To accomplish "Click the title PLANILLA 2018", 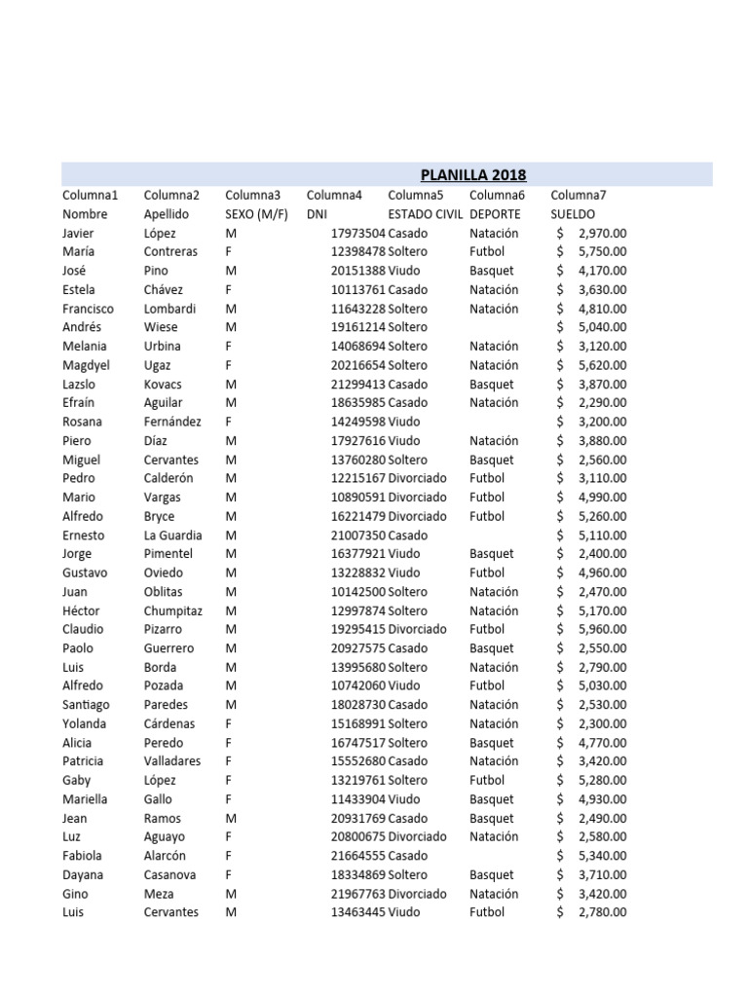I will [473, 175].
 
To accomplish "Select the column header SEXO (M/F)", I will [256, 214].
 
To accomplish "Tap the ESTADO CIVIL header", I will [424, 214].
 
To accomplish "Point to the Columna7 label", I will [579, 195].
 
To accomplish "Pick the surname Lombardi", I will [169, 309].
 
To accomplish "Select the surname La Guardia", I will [173, 535].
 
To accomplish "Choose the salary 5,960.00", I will [602, 630].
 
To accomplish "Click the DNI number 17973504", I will [358, 234].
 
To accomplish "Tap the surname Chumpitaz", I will [173, 610].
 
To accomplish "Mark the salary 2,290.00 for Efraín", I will [602, 403].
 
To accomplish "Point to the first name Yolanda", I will [85, 723].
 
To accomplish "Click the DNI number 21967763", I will [358, 894].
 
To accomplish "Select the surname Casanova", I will [170, 875].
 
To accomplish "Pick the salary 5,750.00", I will [602, 252].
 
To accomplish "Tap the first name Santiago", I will [87, 705].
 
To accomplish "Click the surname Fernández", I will [172, 423].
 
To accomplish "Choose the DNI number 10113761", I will [358, 290].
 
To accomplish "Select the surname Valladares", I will [172, 761].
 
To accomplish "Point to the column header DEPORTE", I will [495, 214].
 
